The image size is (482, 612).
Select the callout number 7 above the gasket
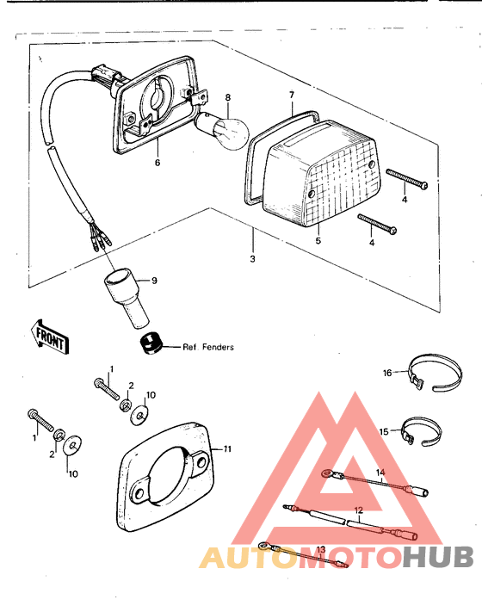tap(292, 95)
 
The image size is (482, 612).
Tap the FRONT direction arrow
tap(50, 336)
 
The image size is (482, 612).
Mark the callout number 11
tap(228, 449)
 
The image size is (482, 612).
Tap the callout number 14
tap(380, 473)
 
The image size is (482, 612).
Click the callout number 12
tap(359, 510)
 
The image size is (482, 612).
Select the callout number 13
tap(320, 548)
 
